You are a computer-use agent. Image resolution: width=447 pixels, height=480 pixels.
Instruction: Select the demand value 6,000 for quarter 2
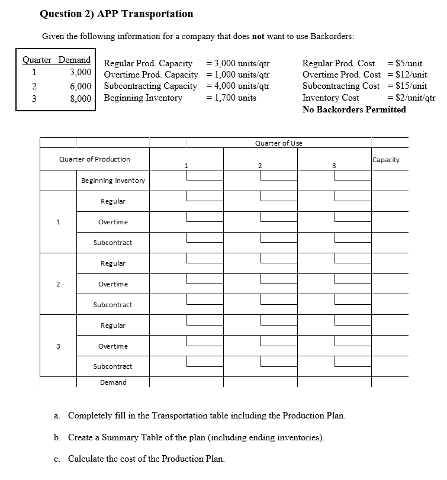click(80, 85)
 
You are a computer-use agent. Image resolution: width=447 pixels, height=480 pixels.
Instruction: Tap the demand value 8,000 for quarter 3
click(80, 98)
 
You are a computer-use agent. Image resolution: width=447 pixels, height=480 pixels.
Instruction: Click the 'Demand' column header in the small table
click(75, 60)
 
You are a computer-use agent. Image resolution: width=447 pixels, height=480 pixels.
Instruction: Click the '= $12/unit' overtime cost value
click(406, 75)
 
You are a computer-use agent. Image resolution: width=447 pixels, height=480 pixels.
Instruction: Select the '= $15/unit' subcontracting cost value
click(406, 86)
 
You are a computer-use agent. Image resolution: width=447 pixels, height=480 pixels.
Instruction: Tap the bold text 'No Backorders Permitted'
click(354, 109)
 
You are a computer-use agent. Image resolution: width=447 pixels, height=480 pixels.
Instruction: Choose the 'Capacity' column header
click(386, 160)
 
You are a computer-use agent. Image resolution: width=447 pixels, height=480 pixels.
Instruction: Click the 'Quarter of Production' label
click(95, 159)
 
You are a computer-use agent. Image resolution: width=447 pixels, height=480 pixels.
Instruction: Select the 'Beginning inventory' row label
click(112, 181)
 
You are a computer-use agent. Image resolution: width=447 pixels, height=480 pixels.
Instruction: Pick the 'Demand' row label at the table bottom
click(112, 382)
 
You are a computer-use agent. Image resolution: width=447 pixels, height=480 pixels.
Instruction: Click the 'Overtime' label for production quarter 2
click(112, 284)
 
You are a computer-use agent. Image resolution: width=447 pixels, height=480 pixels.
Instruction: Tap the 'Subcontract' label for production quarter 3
click(112, 366)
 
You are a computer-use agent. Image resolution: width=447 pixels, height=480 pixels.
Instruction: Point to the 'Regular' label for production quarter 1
click(112, 201)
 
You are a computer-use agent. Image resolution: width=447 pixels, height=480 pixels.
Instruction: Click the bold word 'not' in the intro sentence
click(258, 37)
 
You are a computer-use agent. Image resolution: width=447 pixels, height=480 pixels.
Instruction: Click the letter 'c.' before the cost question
click(57, 459)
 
